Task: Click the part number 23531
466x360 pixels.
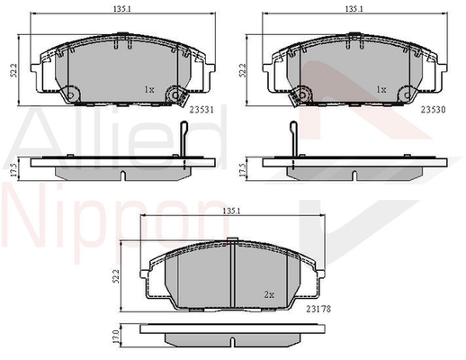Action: coord(202,110)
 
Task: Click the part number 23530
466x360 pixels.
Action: coord(434,110)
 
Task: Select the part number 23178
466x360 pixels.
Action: coord(318,309)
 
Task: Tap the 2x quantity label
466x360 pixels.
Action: coord(269,295)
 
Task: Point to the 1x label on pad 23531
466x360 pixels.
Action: coord(149,89)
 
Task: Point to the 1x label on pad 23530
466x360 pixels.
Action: coord(381,89)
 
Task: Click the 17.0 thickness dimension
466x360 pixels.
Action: coord(117,337)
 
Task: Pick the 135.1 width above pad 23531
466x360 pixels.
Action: coord(122,9)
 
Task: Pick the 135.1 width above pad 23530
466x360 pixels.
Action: coord(354,9)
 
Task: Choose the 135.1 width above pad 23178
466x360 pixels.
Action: coord(232,211)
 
